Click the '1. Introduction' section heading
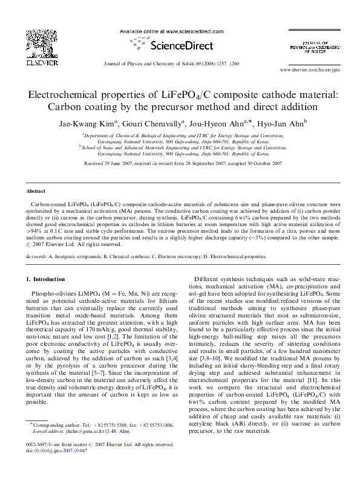tap(47, 279)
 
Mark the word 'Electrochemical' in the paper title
tap(70, 95)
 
